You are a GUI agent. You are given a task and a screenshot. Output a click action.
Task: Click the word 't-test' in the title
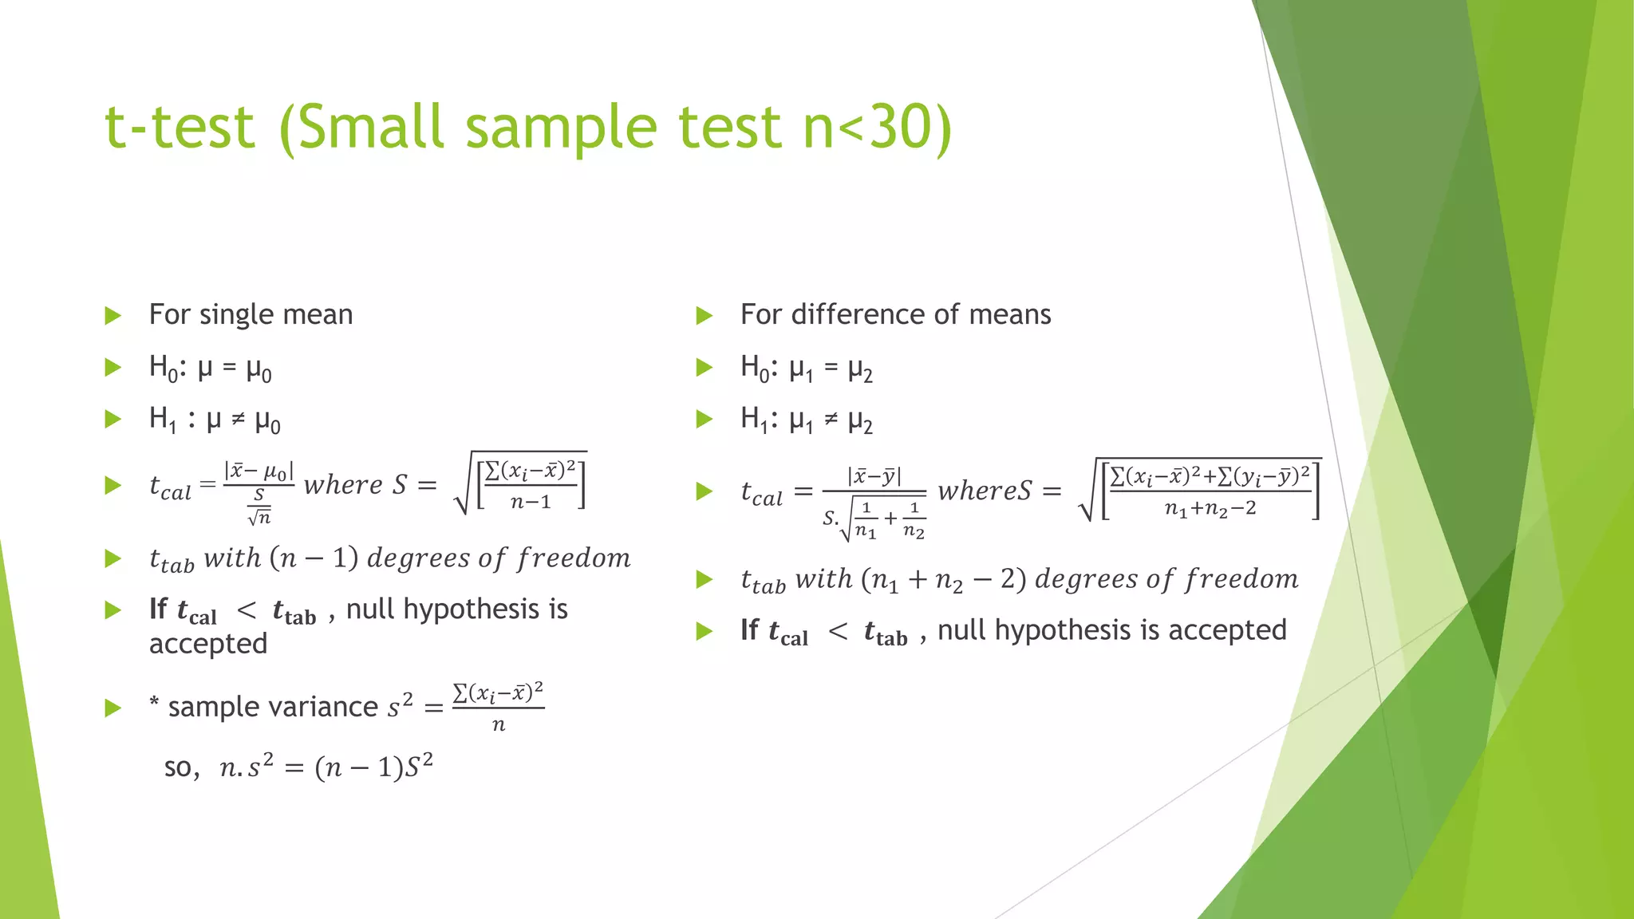tap(180, 128)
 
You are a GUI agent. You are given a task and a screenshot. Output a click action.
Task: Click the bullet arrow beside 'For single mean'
tap(113, 316)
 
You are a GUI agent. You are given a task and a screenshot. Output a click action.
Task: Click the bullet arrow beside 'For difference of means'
tap(704, 316)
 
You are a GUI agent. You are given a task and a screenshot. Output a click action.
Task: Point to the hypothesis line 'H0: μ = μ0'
tap(211, 369)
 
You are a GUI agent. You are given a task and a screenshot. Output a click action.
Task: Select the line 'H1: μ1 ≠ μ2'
tap(807, 420)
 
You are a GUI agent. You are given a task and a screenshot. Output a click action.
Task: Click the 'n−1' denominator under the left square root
tap(531, 502)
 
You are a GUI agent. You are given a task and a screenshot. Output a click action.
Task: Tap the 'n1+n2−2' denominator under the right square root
tap(1210, 508)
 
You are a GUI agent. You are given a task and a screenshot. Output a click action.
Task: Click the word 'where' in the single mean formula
tap(343, 484)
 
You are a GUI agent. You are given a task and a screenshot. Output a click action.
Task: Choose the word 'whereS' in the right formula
tap(985, 491)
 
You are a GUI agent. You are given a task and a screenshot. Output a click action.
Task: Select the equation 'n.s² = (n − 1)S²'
tap(326, 767)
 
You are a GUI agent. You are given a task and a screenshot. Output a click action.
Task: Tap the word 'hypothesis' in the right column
tap(1063, 630)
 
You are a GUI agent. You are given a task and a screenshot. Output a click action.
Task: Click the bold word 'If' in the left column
tap(158, 609)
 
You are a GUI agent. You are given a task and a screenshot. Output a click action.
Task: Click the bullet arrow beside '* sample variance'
tap(113, 708)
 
